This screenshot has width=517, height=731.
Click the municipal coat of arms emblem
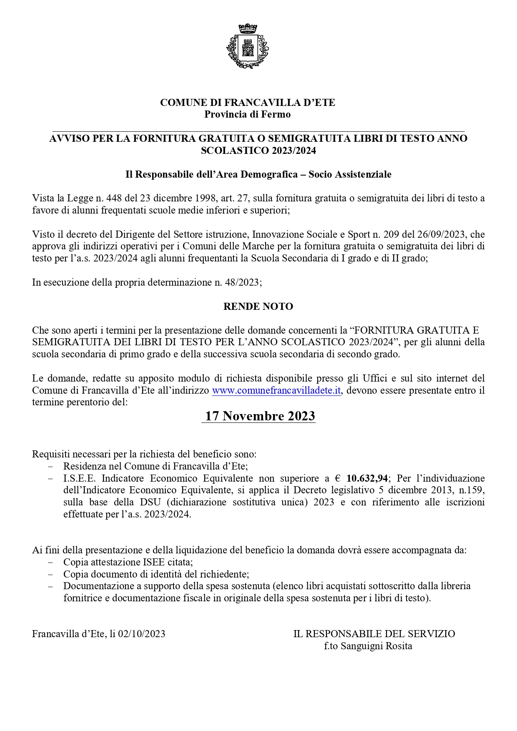[248, 46]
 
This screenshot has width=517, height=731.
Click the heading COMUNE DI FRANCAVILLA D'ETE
[248, 103]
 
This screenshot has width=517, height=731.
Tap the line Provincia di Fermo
[247, 114]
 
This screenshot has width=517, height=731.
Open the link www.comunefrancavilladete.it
[277, 391]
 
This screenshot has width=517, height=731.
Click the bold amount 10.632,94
[367, 478]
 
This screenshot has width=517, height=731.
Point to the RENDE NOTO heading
[258, 306]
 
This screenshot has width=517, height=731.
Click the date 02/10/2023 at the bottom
[142, 634]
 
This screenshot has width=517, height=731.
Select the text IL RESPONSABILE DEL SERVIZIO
[374, 634]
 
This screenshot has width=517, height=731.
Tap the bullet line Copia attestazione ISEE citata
[128, 562]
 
